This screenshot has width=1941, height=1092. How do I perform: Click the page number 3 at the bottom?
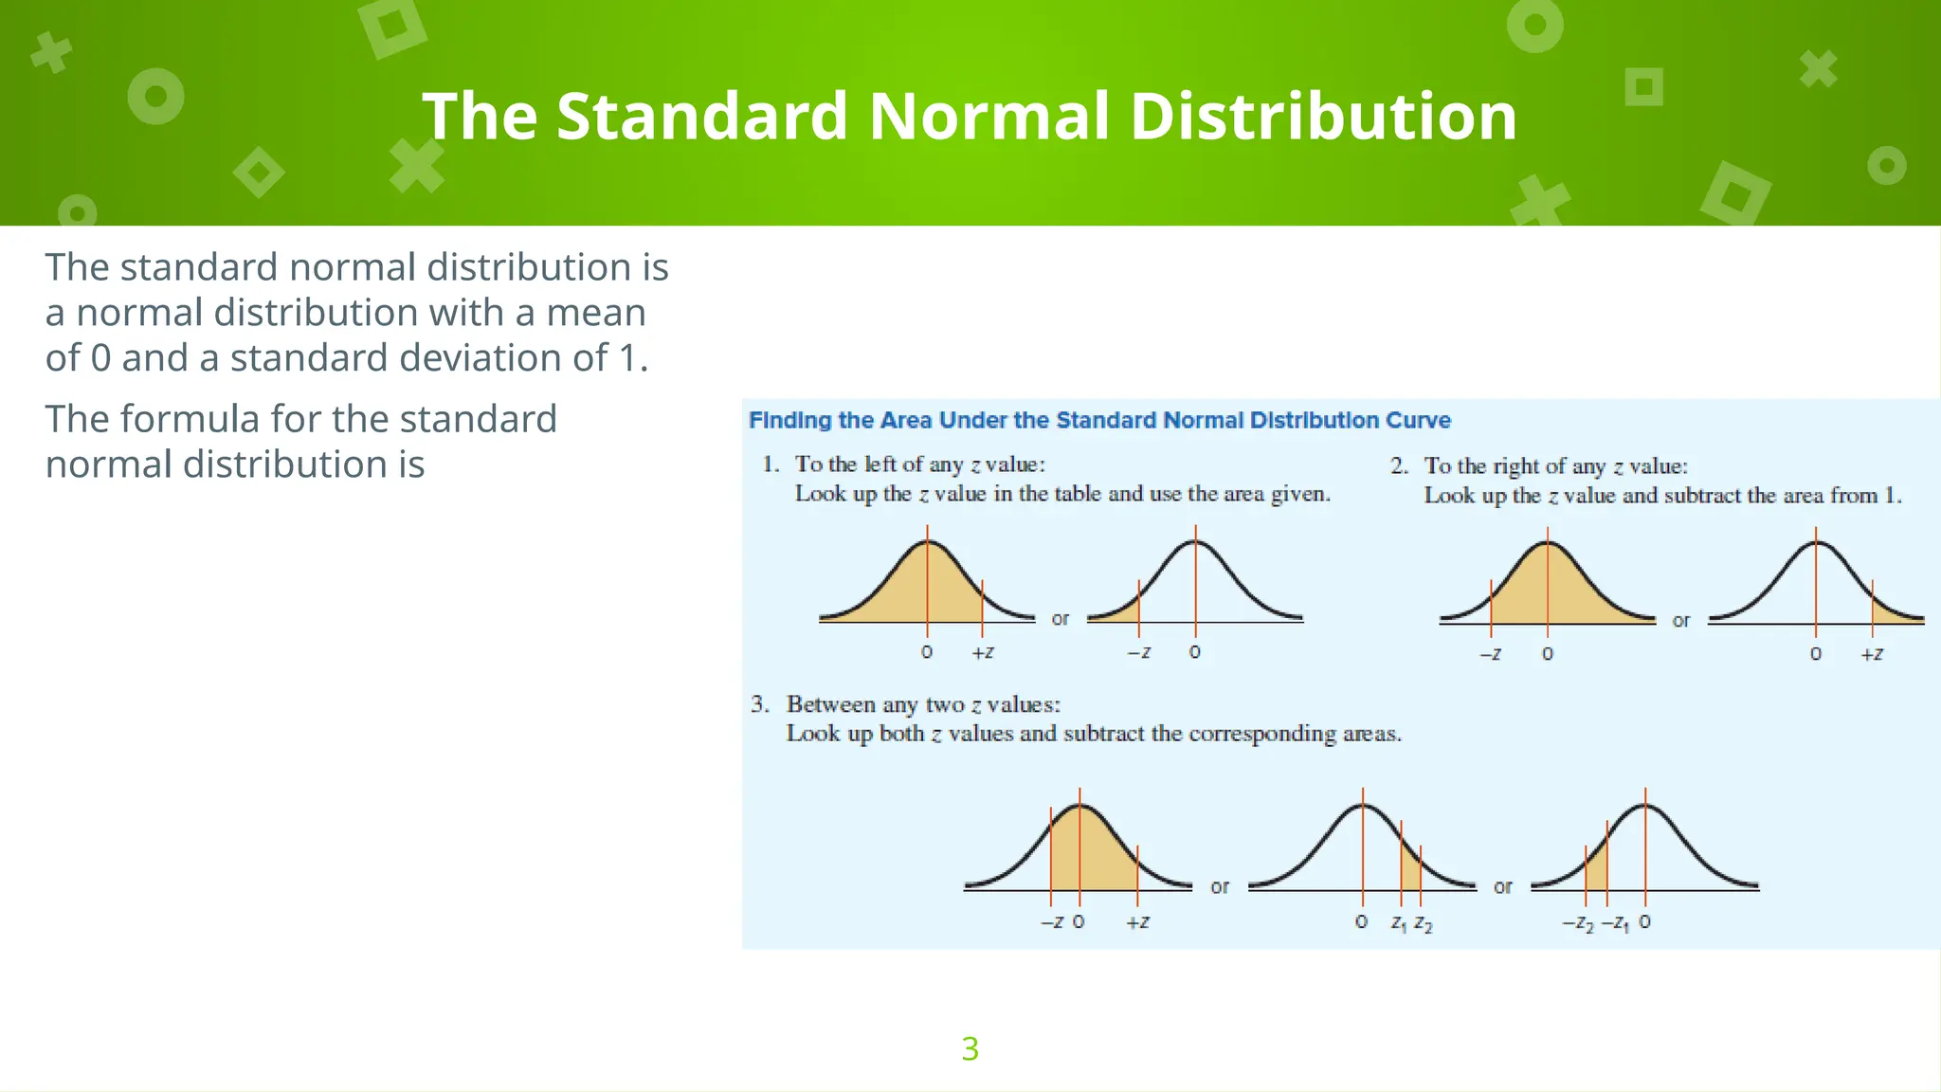pos(970,1048)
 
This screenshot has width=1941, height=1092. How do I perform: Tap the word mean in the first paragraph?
pos(596,313)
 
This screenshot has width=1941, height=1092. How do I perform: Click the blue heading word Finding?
pos(790,420)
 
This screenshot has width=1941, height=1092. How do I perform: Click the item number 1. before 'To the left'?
pos(771,464)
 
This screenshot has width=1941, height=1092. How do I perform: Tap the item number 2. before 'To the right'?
pos(1399,466)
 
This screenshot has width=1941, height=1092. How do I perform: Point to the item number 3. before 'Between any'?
pos(759,704)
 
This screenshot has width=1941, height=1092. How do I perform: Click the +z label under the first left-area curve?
pos(983,652)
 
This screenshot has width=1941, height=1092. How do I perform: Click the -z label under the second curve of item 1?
pos(1139,652)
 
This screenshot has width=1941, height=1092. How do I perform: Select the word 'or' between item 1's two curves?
pos(1060,619)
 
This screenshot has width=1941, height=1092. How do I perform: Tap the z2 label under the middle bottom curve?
pos(1423,923)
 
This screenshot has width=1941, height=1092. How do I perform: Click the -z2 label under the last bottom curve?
pos(1578,923)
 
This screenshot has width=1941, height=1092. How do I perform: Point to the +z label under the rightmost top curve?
pos(1872,654)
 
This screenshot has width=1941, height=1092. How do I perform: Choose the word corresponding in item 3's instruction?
pos(1262,734)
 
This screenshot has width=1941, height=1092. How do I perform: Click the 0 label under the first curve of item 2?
pos(1548,654)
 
